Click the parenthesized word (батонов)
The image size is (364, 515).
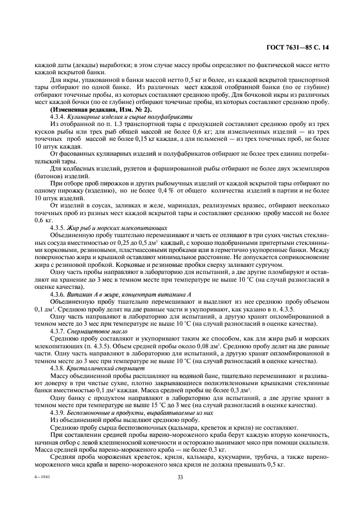pyautogui.click(x=50, y=174)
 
